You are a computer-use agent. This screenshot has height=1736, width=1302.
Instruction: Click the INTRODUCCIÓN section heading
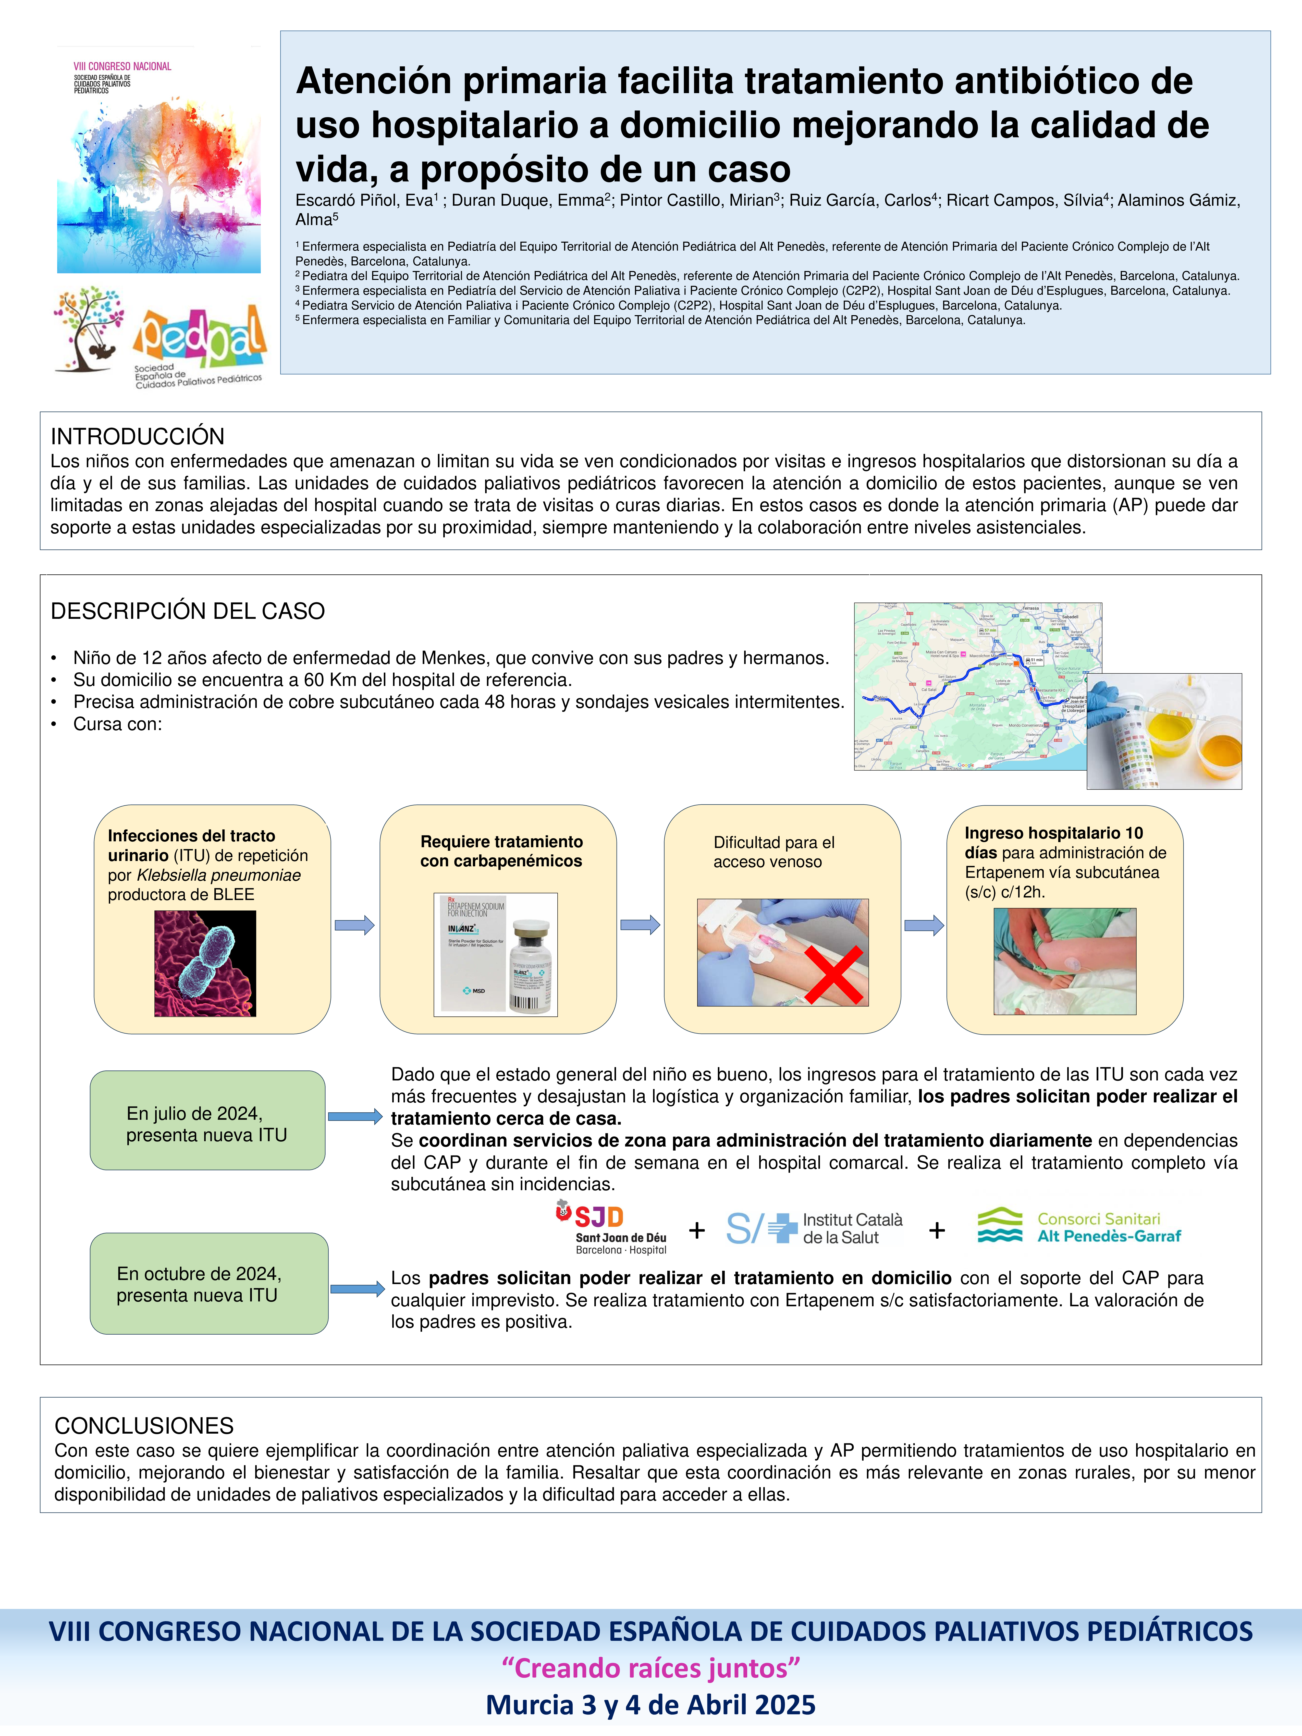137,436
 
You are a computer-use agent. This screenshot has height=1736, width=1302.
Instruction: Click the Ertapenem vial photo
495,954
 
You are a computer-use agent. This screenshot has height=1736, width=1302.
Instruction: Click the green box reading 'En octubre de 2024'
209,1284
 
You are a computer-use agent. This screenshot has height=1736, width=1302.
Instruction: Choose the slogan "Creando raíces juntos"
650,1668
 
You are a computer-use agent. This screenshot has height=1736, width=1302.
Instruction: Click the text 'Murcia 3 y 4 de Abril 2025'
650,1705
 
